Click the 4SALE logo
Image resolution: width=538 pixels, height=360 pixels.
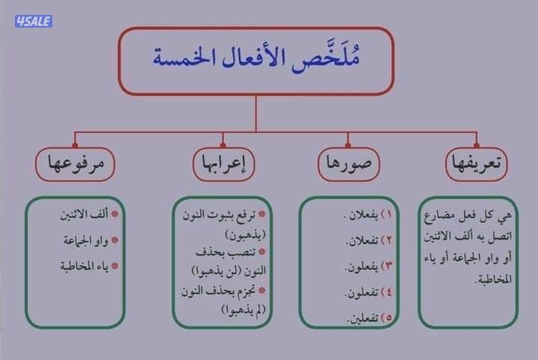click(x=33, y=22)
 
